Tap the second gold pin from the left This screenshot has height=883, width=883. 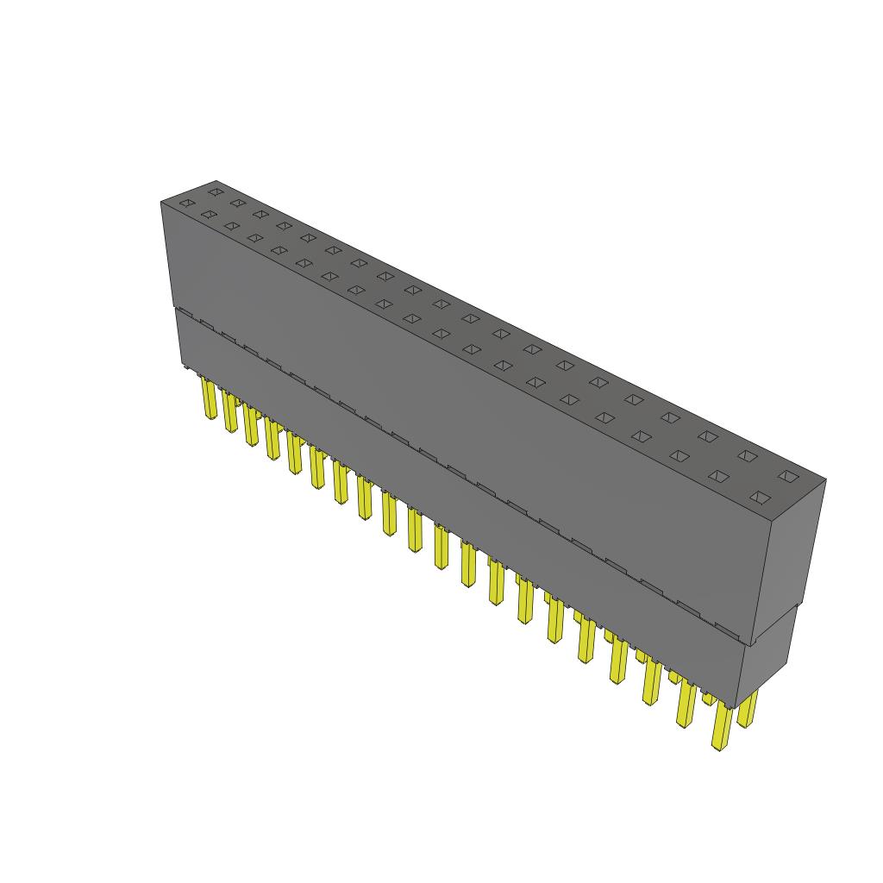pos(229,412)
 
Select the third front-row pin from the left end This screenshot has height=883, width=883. pos(251,426)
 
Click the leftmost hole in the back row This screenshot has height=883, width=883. pos(215,191)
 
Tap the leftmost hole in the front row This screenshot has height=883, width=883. pos(185,204)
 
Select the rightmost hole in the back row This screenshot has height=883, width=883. pos(786,475)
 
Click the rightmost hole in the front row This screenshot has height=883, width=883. pos(759,497)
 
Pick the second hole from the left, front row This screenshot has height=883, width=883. pos(207,214)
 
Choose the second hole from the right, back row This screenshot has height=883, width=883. pos(747,455)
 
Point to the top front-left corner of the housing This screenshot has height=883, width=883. pos(161,202)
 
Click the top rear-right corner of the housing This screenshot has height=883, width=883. pos(825,480)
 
